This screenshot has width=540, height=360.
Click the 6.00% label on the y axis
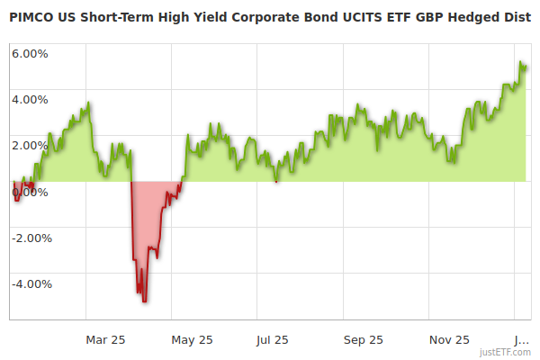click(30, 53)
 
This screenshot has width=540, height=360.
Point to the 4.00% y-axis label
click(30, 99)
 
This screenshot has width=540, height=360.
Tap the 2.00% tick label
click(30, 145)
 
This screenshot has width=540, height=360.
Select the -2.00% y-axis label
click(31, 238)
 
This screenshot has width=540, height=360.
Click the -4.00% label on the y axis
click(31, 283)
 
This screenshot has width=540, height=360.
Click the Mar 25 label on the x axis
click(105, 339)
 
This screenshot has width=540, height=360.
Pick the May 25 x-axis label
click(192, 339)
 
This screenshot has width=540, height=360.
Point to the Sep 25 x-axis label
click(363, 339)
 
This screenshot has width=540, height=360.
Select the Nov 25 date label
click(449, 339)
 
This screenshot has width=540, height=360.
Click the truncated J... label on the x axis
click(520, 339)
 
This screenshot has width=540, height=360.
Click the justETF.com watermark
click(505, 352)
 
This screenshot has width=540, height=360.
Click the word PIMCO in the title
click(31, 16)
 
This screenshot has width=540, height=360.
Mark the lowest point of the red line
click(144, 301)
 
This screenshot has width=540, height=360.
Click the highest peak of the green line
click(521, 61)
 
